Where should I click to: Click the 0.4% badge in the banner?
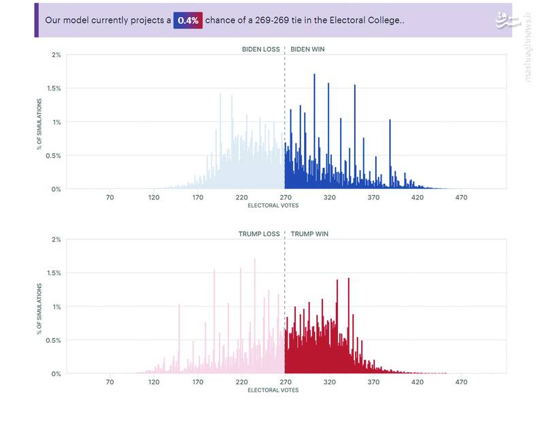tap(188, 20)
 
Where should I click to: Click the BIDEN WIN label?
tap(308, 49)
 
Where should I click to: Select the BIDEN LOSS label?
tap(260, 49)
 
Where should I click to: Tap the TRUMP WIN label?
tap(309, 234)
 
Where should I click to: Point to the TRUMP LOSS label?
tap(259, 234)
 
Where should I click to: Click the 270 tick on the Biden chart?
tap(285, 198)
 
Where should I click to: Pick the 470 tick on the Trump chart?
tap(461, 382)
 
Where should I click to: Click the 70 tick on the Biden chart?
tap(109, 198)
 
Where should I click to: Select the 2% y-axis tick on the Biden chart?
tap(56, 54)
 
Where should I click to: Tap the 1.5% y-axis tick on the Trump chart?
tap(54, 273)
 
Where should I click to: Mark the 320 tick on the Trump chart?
tap(329, 382)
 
